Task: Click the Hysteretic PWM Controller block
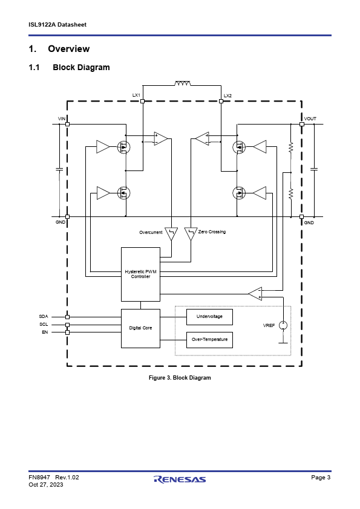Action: [x=140, y=274]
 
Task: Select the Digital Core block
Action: [x=140, y=328]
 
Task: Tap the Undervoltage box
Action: [x=209, y=317]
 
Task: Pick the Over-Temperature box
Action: [x=209, y=340]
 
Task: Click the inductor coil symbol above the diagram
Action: [x=183, y=83]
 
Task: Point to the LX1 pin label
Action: [x=136, y=95]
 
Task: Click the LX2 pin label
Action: [x=227, y=96]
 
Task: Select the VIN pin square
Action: [x=68, y=124]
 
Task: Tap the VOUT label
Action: [x=310, y=119]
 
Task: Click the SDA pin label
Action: [x=44, y=317]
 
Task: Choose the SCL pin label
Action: [x=44, y=324]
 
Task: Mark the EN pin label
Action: [x=45, y=332]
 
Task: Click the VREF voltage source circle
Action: [x=283, y=325]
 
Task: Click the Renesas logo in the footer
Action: [x=180, y=479]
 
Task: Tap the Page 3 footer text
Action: [x=321, y=477]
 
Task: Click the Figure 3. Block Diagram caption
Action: [x=180, y=378]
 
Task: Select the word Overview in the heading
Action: [x=69, y=49]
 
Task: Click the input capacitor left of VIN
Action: [x=59, y=169]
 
